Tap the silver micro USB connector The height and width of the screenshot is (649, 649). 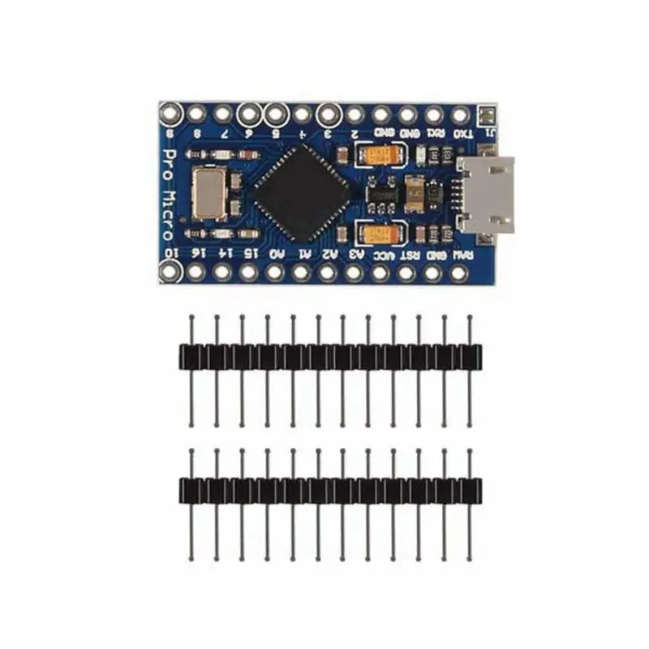[487, 195]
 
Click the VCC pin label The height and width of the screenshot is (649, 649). [384, 255]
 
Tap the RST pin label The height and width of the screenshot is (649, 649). [410, 255]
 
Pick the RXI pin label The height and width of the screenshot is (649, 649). [436, 134]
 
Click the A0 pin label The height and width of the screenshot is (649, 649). [277, 255]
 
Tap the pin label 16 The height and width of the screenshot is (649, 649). [197, 255]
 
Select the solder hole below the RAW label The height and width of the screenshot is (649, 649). [460, 273]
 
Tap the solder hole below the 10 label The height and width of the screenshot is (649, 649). [171, 273]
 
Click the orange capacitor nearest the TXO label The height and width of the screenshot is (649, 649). [380, 154]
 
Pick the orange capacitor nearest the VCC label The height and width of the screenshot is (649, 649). [380, 235]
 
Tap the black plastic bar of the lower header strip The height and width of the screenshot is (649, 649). [329, 489]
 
